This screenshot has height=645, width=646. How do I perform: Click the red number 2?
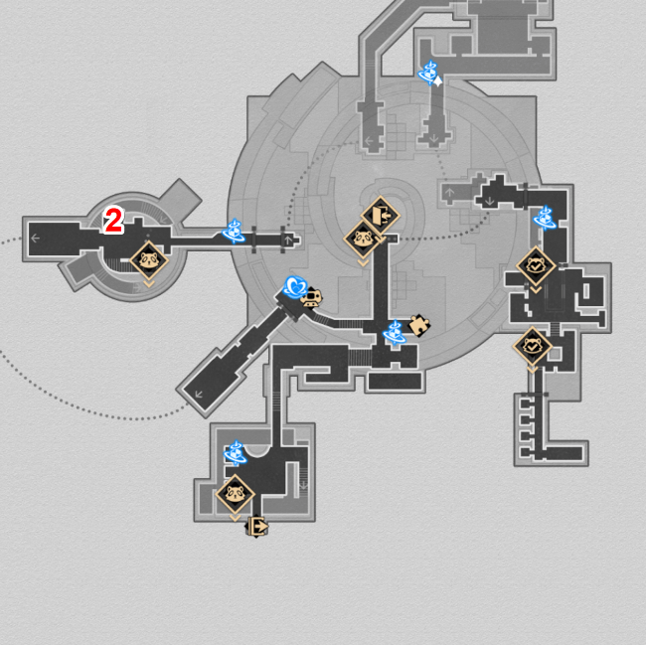point(113,221)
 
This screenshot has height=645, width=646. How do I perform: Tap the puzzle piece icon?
point(419,325)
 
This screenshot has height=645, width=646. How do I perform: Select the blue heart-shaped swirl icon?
point(295,287)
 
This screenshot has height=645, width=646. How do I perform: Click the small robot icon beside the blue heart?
point(311,297)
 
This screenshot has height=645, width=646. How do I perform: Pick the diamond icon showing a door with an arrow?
point(381,215)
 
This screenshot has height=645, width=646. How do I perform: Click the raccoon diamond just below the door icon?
point(363,239)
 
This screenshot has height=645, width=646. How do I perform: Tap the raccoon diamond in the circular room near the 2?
point(149,260)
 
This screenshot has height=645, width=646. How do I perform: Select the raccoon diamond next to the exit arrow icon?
point(236,494)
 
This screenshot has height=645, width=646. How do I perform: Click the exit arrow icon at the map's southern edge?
point(257,527)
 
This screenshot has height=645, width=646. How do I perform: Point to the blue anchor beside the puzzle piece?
point(395,332)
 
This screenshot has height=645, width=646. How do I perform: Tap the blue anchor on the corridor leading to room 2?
point(234,231)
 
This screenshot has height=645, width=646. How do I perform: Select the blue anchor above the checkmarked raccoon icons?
point(545,218)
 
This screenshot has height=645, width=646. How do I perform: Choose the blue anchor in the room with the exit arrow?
point(236,452)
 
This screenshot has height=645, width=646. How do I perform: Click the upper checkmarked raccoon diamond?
point(536,266)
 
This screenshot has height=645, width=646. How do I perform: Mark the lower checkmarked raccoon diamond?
point(533,346)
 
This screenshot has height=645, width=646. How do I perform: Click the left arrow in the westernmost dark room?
point(36,239)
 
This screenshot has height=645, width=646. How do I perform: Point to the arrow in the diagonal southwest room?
point(199,395)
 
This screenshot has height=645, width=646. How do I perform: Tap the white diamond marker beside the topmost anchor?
point(437,81)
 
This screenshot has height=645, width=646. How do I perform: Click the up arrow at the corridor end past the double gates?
point(288,241)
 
